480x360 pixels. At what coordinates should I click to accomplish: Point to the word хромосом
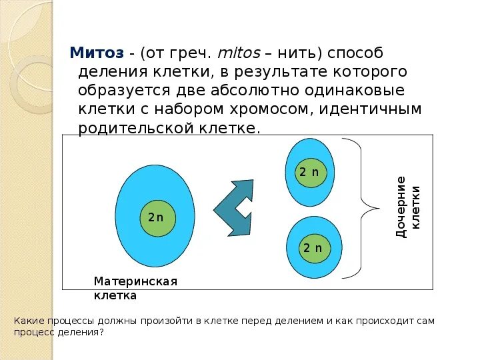pyautogui.click(x=275, y=109)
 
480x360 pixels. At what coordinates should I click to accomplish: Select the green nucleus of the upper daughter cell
pyautogui.click(x=310, y=173)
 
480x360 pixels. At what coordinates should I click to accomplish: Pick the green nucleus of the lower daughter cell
pyautogui.click(x=313, y=248)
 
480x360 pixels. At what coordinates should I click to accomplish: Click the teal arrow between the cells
pyautogui.click(x=234, y=207)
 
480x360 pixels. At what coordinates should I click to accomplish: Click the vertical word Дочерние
pyautogui.click(x=401, y=207)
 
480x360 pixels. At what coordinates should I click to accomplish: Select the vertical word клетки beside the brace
pyautogui.click(x=416, y=207)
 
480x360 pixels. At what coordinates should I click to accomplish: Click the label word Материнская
pyautogui.click(x=135, y=281)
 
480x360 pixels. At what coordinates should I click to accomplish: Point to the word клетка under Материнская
pyautogui.click(x=115, y=295)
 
